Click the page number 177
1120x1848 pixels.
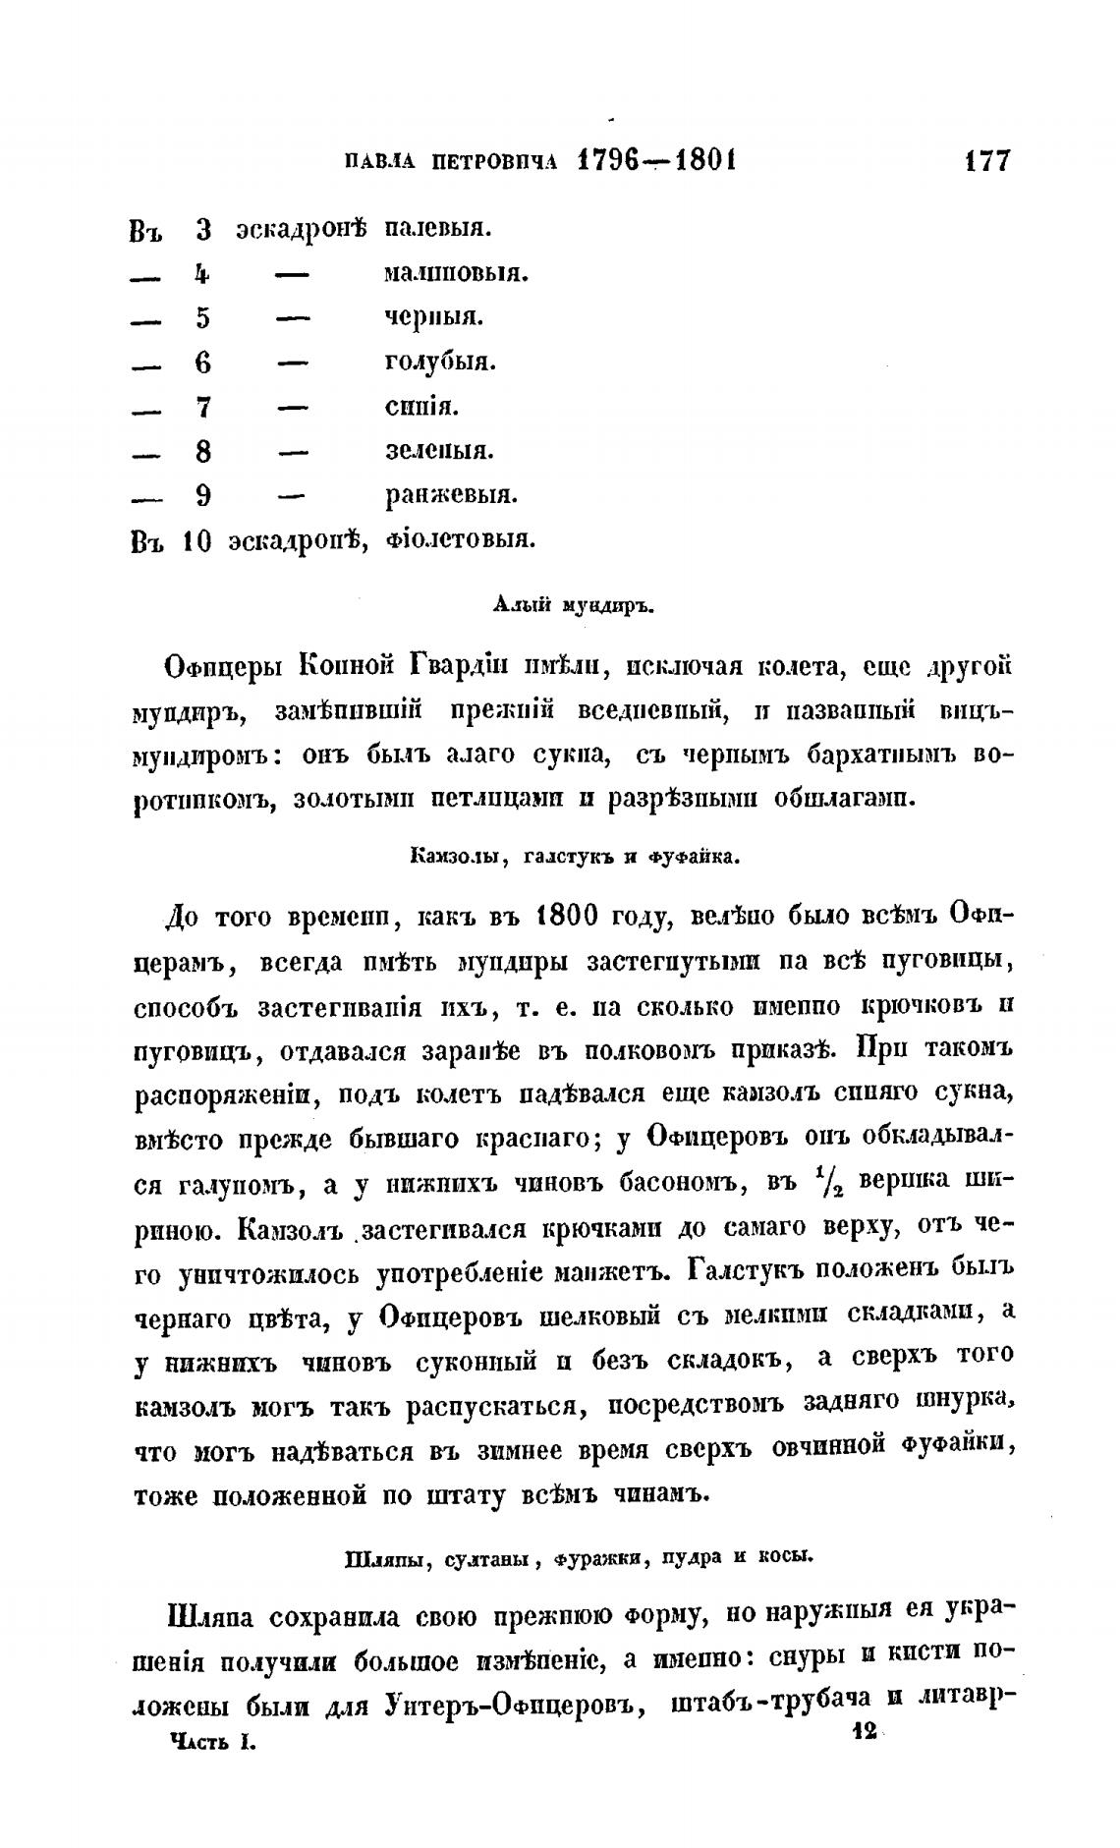(985, 160)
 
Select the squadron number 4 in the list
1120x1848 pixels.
(202, 274)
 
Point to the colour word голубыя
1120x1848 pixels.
(439, 363)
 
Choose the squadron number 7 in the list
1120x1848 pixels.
(203, 407)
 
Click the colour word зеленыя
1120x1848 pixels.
(438, 451)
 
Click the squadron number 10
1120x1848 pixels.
(196, 540)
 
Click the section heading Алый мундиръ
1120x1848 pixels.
(572, 605)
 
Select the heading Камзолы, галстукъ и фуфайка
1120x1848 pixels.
(574, 856)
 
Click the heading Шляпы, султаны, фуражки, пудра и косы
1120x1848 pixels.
(580, 1557)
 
